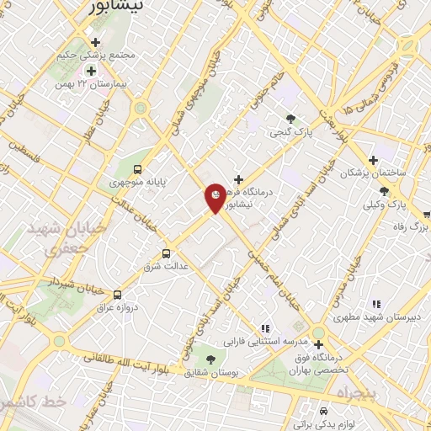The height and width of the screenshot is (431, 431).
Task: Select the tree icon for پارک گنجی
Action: tap(291, 119)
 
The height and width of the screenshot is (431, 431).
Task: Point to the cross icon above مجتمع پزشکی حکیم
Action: tap(94, 41)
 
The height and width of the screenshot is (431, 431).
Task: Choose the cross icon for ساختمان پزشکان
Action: tap(373, 159)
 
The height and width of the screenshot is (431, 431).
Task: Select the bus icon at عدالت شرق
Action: tap(165, 252)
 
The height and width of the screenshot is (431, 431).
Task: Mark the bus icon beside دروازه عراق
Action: tap(117, 295)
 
